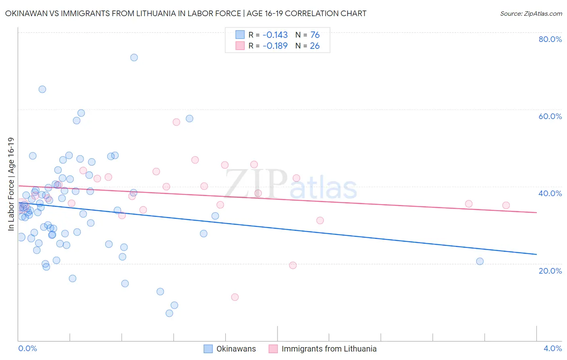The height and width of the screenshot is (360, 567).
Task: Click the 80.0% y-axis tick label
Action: click(550, 39)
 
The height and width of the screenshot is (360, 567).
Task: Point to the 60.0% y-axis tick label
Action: click(550, 116)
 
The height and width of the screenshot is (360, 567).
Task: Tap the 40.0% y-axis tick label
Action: click(550, 193)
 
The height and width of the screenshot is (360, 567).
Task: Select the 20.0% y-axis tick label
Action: click(550, 270)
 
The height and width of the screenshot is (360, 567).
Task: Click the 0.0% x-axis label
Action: click(27, 348)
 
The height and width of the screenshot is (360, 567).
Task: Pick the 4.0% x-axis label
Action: click(552, 348)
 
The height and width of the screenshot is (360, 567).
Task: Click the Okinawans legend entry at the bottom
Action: click(230, 349)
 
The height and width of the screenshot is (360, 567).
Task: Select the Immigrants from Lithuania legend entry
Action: click(323, 349)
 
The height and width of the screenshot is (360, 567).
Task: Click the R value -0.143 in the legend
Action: click(275, 35)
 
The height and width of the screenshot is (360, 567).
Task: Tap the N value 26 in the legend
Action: click(315, 46)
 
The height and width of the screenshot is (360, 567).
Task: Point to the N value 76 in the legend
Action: click(315, 35)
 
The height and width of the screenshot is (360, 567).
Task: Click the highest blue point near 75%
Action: click(134, 57)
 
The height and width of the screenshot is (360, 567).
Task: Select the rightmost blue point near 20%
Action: click(479, 261)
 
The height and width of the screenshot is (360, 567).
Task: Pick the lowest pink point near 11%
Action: click(235, 297)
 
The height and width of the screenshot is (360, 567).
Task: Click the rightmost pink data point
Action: click(506, 205)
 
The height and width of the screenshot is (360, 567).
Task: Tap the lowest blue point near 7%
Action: click(169, 313)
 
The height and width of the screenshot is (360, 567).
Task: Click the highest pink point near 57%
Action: click(176, 122)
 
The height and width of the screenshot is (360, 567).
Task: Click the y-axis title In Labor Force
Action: click(11, 184)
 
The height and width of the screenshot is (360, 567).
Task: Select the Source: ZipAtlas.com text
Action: click(531, 14)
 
